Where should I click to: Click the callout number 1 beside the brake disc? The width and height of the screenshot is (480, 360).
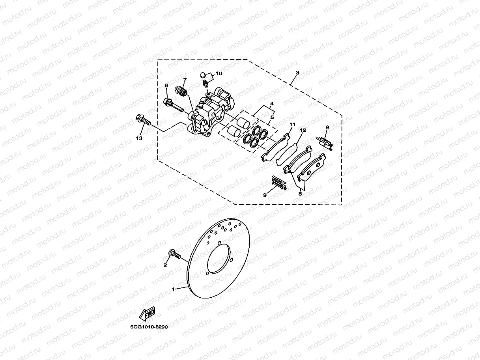click(x=173, y=289)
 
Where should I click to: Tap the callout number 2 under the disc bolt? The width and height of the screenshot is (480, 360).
click(x=165, y=265)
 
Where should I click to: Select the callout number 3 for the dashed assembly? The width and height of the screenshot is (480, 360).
click(x=297, y=73)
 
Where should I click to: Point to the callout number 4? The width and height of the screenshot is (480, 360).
click(x=271, y=104)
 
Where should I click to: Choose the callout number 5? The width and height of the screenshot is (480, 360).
click(x=271, y=117)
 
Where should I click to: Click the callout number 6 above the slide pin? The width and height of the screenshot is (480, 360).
click(x=166, y=86)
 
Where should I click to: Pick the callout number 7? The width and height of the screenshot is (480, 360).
click(x=185, y=80)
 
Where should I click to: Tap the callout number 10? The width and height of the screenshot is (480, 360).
click(x=219, y=73)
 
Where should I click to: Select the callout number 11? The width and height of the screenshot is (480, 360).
click(x=292, y=125)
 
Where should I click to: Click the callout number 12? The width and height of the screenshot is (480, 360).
click(x=303, y=130)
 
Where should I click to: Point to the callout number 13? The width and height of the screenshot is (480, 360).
click(x=139, y=138)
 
